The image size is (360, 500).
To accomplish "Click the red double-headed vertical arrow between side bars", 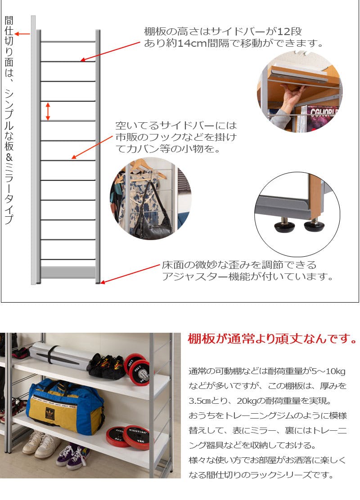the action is click(48, 112).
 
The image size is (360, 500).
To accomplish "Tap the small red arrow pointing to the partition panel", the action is click(22, 33).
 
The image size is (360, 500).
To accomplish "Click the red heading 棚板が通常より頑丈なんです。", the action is click(272, 339).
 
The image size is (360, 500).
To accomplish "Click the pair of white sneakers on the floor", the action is click(42, 443).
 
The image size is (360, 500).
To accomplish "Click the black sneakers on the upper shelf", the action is click(107, 366).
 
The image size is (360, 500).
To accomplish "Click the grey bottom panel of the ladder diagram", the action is click(68, 272).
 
